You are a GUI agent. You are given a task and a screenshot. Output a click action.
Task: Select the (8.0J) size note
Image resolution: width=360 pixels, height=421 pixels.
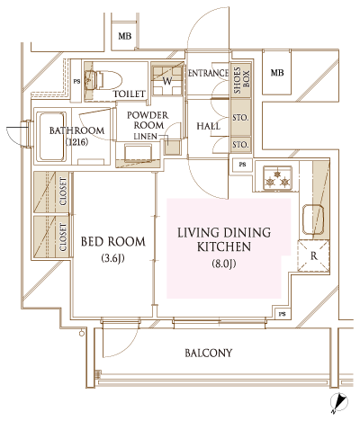(223, 264)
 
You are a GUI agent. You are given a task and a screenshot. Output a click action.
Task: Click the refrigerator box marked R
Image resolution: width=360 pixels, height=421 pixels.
(313, 255)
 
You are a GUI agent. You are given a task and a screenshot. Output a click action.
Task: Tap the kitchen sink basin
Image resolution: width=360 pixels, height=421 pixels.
(313, 219)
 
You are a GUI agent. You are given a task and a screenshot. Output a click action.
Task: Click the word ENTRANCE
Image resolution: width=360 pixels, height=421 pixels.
(208, 74)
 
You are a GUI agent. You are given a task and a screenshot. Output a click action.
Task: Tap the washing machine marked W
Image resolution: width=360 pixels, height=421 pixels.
(166, 80)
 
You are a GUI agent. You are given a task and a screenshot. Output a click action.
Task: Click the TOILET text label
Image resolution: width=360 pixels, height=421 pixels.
(130, 94)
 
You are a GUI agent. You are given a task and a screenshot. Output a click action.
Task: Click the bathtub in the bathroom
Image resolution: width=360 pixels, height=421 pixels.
(50, 137)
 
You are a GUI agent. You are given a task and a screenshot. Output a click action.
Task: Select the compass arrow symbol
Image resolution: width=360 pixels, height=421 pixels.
(340, 403)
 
